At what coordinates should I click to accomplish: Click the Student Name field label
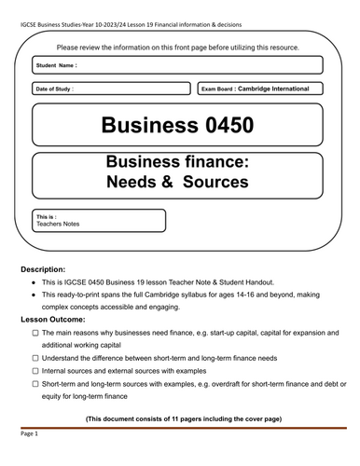click(x=56, y=66)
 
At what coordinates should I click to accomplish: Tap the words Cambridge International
click(x=273, y=89)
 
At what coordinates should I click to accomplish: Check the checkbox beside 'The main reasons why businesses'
click(x=35, y=332)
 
